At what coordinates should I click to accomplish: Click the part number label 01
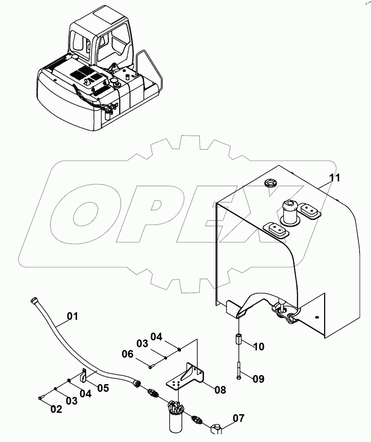click(x=73, y=315)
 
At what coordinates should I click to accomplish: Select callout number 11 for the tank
click(x=335, y=178)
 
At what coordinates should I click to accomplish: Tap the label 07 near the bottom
click(x=238, y=418)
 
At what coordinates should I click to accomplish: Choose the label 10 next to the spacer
click(x=258, y=347)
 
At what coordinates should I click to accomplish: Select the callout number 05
click(x=103, y=388)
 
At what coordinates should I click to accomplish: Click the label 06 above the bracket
click(x=127, y=353)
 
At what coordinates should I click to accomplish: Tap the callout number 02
click(x=56, y=409)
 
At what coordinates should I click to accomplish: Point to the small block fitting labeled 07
click(x=216, y=428)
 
